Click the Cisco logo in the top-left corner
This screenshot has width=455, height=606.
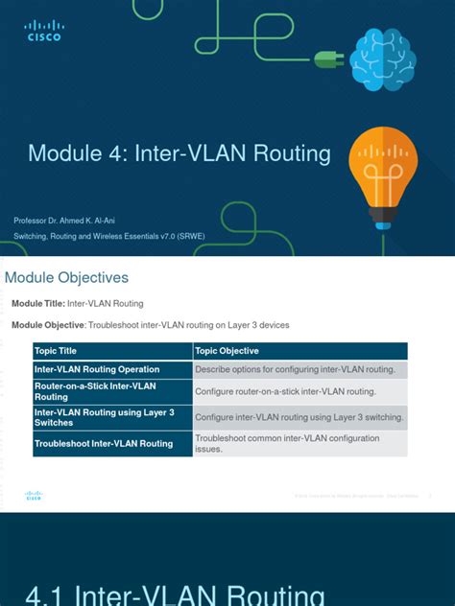click(43, 31)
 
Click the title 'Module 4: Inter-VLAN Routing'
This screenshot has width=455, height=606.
click(180, 153)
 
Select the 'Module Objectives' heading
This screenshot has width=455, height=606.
click(67, 278)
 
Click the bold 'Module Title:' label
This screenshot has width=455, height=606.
click(38, 303)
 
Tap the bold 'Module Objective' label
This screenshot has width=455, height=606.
click(47, 325)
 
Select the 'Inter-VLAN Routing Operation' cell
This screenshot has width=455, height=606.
click(97, 369)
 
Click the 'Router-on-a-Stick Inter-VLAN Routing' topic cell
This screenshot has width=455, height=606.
click(95, 391)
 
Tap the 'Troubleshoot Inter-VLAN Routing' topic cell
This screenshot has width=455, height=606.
click(104, 444)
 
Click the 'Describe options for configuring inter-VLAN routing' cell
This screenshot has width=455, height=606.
click(294, 369)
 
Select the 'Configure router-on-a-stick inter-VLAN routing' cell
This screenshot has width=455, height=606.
click(285, 391)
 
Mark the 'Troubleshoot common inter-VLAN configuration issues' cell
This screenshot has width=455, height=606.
click(287, 443)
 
